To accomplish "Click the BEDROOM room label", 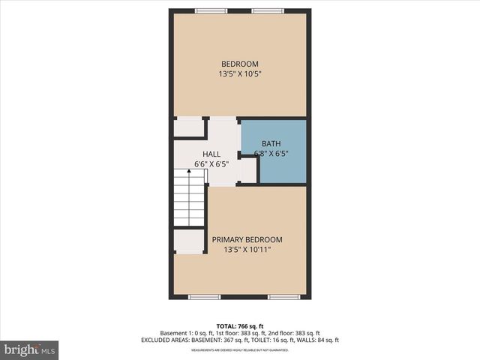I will (239, 64).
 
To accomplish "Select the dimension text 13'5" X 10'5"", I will (239, 74).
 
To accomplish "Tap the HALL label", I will (211, 154).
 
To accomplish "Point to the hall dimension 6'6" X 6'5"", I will (211, 163).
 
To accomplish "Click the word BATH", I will (270, 144).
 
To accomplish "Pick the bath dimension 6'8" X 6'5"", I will (271, 154).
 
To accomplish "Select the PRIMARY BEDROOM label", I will (247, 240).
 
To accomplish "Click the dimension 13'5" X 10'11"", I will (247, 250).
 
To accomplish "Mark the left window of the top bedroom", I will (211, 10).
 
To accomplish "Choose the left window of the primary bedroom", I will (204, 297).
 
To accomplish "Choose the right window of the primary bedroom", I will (284, 297).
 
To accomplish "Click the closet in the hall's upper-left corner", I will (189, 127).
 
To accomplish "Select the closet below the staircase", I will (189, 241).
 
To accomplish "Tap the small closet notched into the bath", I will (248, 170).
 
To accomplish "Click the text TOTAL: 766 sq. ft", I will (239, 325).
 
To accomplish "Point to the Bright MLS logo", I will (30, 349).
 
